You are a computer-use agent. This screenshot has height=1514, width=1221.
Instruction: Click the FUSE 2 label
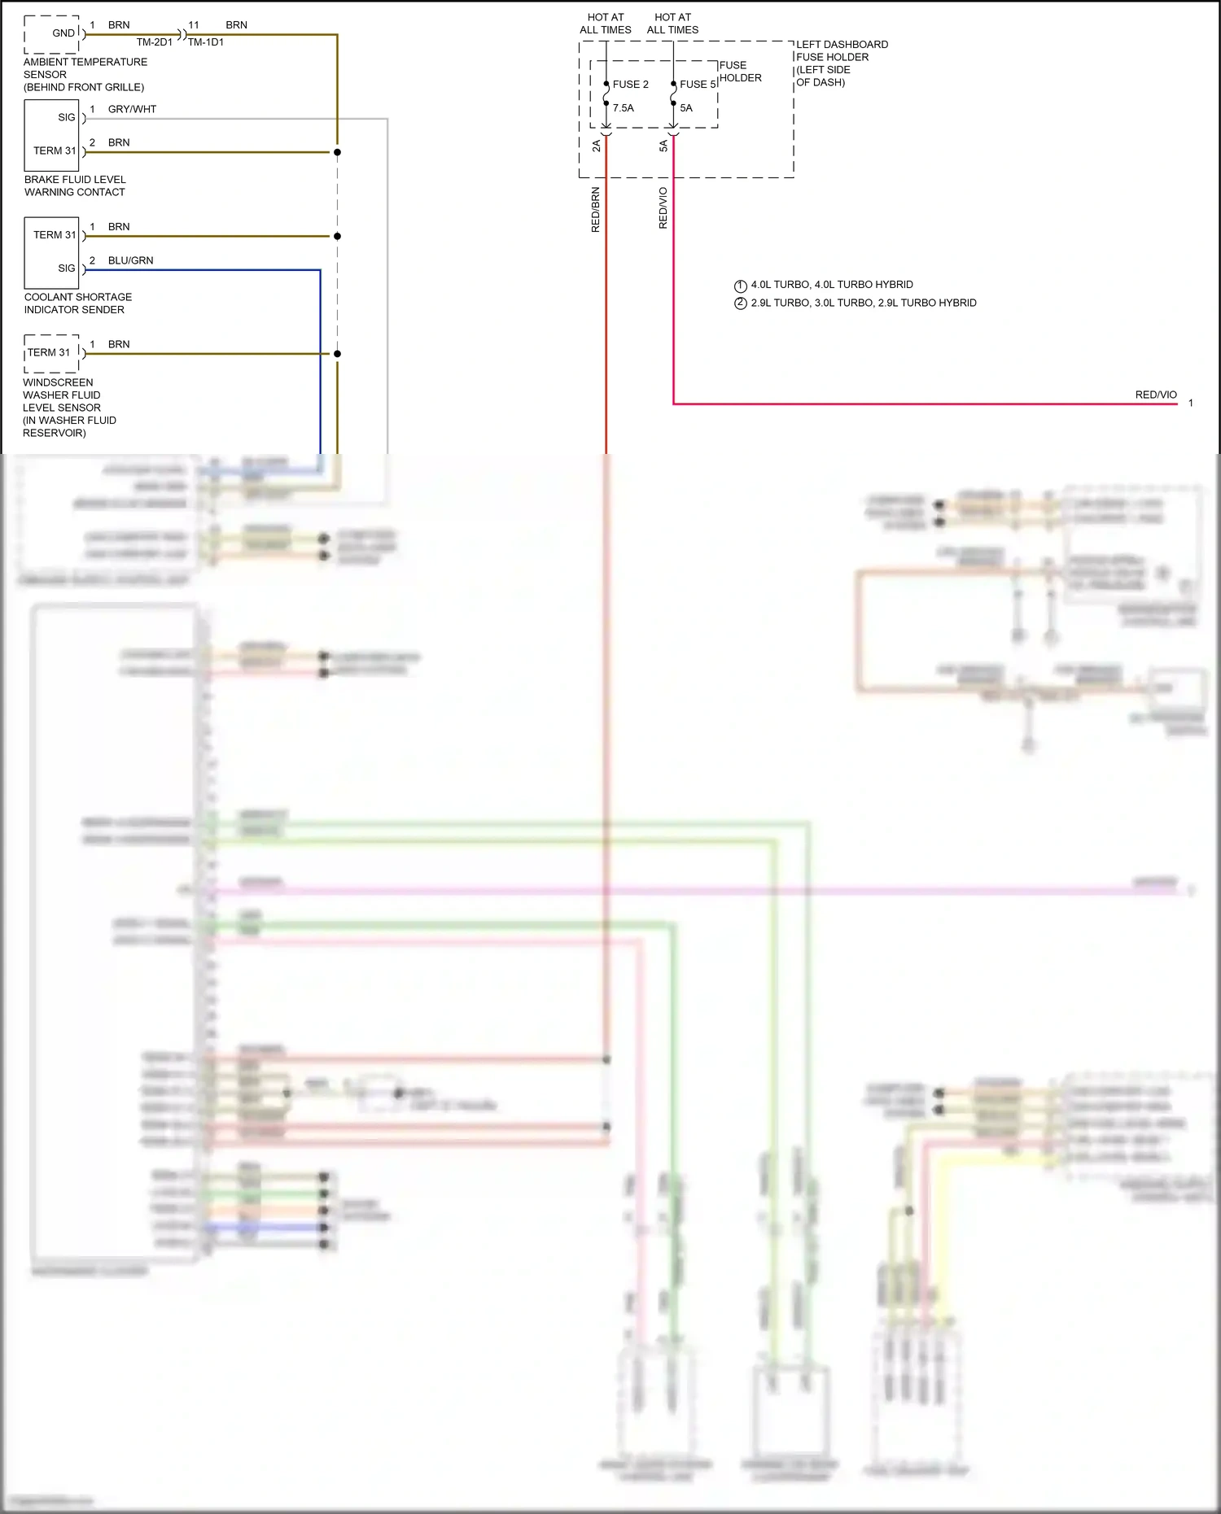click(630, 85)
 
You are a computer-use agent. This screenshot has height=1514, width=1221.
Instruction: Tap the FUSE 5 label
click(698, 85)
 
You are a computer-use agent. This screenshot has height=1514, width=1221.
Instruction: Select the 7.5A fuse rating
click(623, 108)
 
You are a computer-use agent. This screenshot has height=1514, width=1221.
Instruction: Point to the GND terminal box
click(52, 34)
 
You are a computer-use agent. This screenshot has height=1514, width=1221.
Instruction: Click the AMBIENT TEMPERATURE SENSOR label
click(85, 74)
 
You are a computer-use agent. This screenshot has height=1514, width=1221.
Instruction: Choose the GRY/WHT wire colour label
click(132, 109)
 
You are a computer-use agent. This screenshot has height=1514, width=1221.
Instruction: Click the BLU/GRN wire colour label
click(130, 260)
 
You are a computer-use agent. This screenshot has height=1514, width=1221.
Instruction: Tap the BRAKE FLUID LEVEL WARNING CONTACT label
click(75, 185)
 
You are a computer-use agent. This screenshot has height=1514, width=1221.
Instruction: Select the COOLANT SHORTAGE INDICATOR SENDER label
click(77, 303)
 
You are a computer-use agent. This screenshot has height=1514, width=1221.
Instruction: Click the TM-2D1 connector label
click(155, 42)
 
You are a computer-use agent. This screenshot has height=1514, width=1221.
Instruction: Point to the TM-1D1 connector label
click(206, 42)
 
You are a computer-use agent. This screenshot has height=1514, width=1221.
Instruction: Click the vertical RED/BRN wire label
click(595, 210)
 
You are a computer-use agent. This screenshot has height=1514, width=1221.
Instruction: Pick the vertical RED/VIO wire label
click(663, 208)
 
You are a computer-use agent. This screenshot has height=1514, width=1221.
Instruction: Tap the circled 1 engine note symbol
click(740, 286)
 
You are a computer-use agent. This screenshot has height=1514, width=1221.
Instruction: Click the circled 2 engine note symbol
click(740, 303)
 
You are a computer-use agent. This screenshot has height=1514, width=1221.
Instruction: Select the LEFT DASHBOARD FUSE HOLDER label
click(842, 63)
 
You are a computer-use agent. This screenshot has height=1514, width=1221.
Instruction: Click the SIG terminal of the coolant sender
click(67, 268)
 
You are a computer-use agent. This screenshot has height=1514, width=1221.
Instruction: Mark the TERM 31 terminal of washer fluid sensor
click(49, 353)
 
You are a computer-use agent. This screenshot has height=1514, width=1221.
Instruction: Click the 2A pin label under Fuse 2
click(596, 146)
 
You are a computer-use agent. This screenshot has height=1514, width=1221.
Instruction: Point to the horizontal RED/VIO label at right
click(1156, 395)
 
